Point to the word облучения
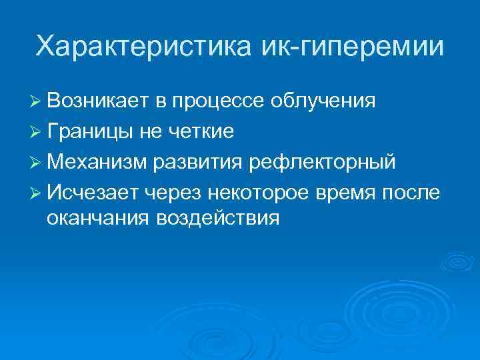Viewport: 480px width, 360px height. pyautogui.click(x=323, y=102)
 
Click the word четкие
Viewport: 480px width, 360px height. pyautogui.click(x=201, y=131)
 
